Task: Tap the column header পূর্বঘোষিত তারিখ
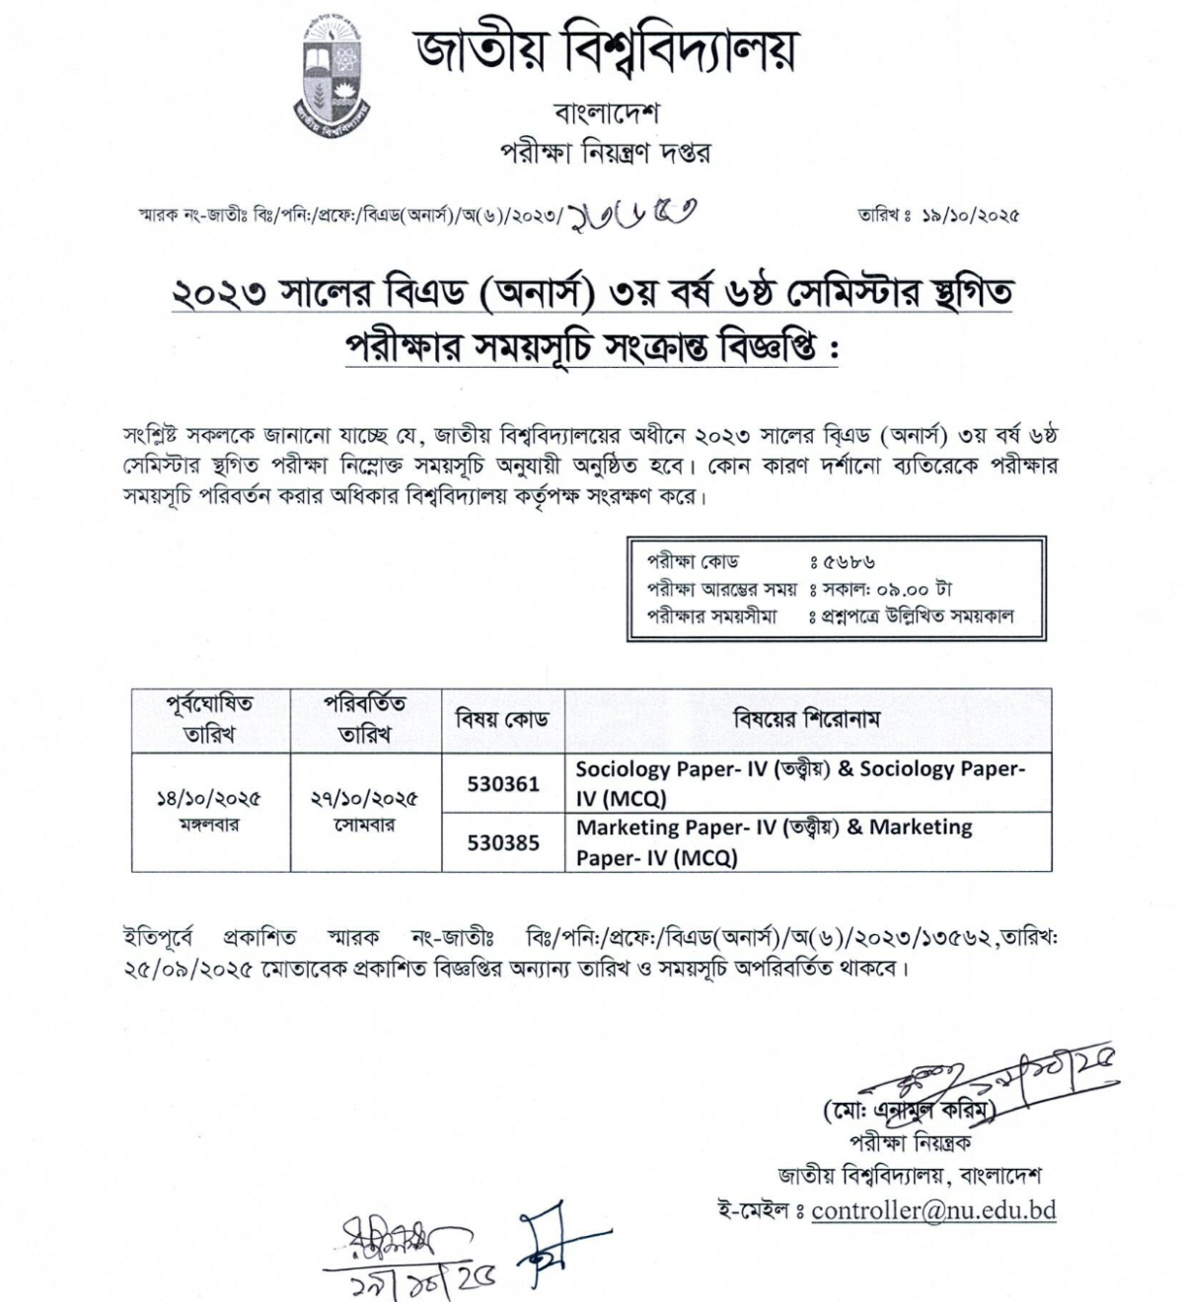click(x=209, y=718)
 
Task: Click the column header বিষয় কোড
click(x=501, y=719)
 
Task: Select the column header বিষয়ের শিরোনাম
click(x=806, y=718)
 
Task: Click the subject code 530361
click(x=503, y=783)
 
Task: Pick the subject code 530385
click(x=503, y=842)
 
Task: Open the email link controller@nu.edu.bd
click(x=933, y=1209)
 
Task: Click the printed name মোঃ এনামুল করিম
click(x=909, y=1111)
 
